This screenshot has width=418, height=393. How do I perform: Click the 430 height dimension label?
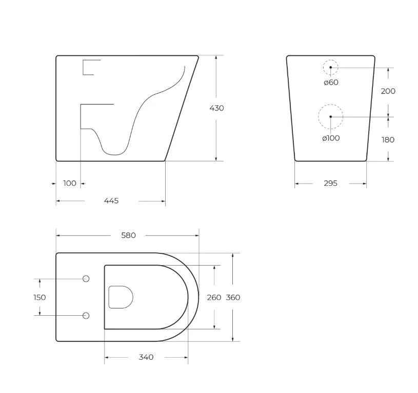[216, 108]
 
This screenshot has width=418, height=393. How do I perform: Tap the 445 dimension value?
[111, 201]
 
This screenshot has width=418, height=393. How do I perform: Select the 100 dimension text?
[70, 183]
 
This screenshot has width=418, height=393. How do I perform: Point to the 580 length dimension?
[128, 235]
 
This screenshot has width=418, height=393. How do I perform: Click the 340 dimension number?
[146, 357]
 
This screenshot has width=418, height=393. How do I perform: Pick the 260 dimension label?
[214, 297]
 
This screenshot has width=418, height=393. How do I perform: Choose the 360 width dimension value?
[233, 297]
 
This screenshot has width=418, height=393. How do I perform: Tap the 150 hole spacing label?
[39, 297]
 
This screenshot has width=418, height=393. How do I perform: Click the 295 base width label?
[331, 183]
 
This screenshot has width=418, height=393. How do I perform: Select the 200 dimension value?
[388, 91]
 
